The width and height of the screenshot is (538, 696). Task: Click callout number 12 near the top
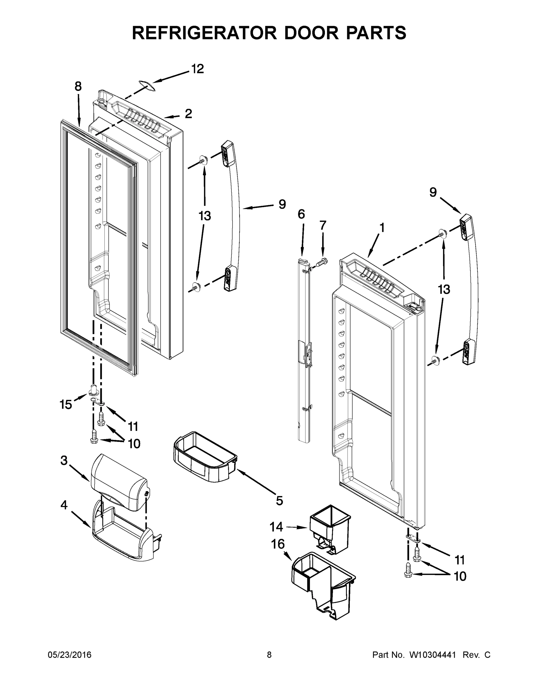[197, 69]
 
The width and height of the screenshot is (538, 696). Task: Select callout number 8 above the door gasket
[78, 86]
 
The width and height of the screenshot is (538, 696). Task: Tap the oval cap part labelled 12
[146, 86]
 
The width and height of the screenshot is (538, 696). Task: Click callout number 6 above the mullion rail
[301, 214]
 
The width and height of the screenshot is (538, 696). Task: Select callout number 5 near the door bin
[279, 501]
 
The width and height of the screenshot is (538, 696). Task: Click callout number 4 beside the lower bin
[64, 505]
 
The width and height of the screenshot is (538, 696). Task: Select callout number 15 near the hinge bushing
[66, 405]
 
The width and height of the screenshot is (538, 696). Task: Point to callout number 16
[278, 544]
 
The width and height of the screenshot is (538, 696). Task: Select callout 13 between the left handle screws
[205, 216]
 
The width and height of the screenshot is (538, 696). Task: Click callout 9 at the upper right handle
[433, 192]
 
